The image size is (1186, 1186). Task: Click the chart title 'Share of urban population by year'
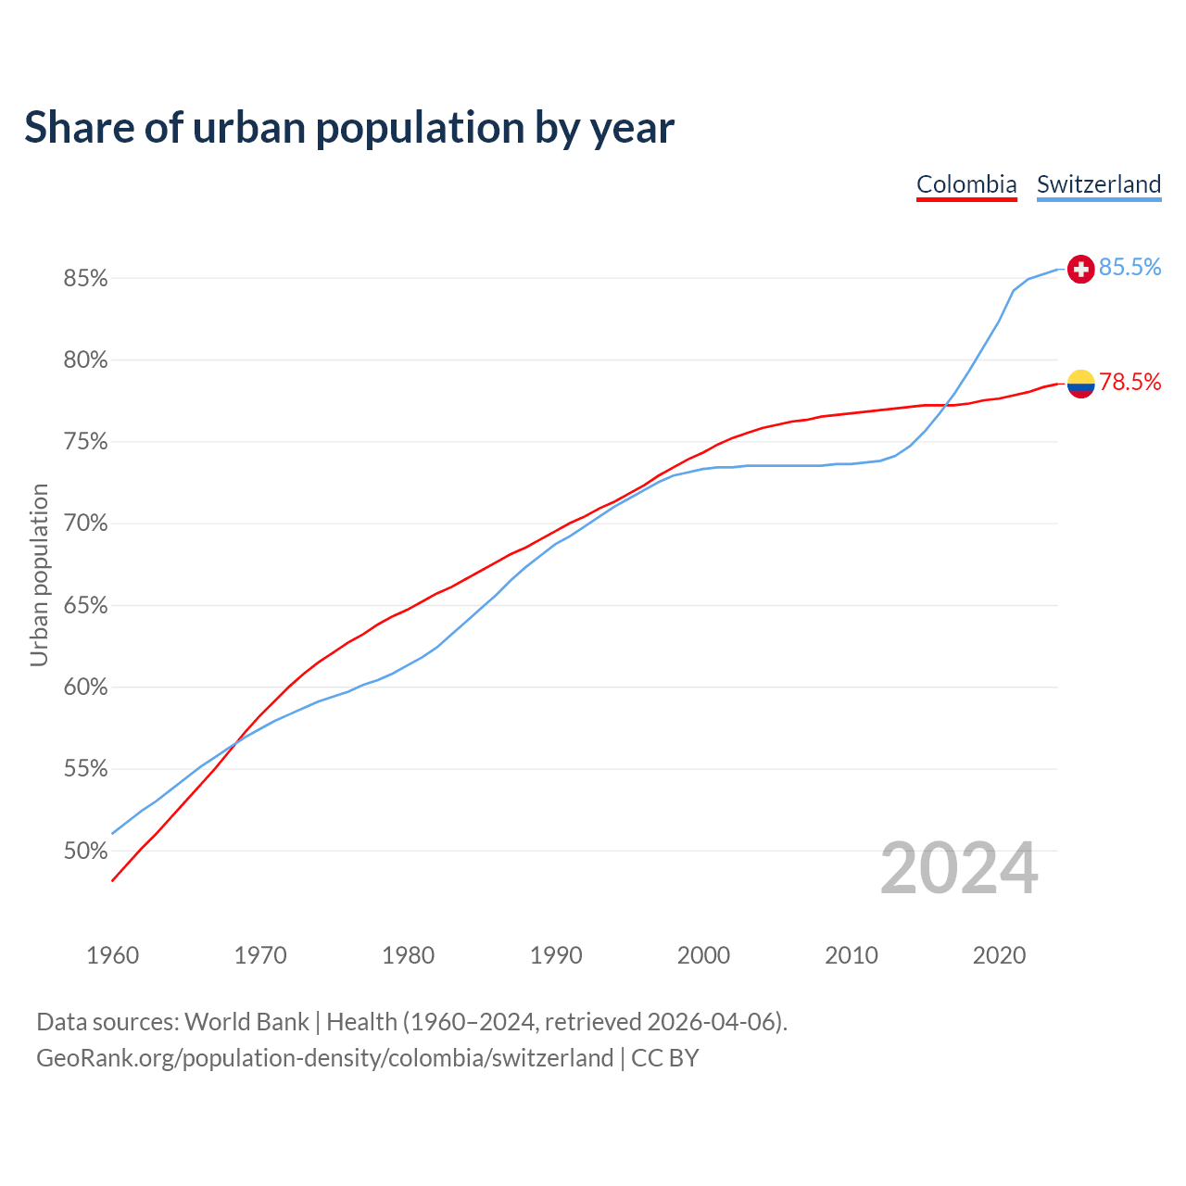(x=349, y=128)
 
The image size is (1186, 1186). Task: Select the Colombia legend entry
(x=966, y=184)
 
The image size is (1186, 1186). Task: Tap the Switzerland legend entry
(x=1098, y=184)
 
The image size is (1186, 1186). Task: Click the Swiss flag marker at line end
(x=1080, y=269)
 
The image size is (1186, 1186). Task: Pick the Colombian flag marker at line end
(x=1080, y=383)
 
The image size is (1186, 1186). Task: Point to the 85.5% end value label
(x=1129, y=268)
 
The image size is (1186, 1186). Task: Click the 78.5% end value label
(x=1129, y=383)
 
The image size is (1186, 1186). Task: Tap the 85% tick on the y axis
(x=85, y=278)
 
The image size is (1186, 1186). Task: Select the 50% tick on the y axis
(x=85, y=851)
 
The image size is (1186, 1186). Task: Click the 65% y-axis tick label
(x=85, y=606)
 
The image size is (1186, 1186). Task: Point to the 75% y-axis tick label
(x=85, y=442)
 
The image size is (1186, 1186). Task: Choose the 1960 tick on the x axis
(x=113, y=955)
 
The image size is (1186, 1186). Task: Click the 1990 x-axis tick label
(x=556, y=955)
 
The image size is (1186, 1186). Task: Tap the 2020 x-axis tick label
(x=999, y=955)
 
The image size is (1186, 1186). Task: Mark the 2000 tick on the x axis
(x=703, y=955)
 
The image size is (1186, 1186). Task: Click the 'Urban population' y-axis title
(x=39, y=574)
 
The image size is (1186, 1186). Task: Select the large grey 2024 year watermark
(x=959, y=868)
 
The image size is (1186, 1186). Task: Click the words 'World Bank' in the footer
(x=246, y=1022)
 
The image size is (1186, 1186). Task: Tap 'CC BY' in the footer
(x=664, y=1058)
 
